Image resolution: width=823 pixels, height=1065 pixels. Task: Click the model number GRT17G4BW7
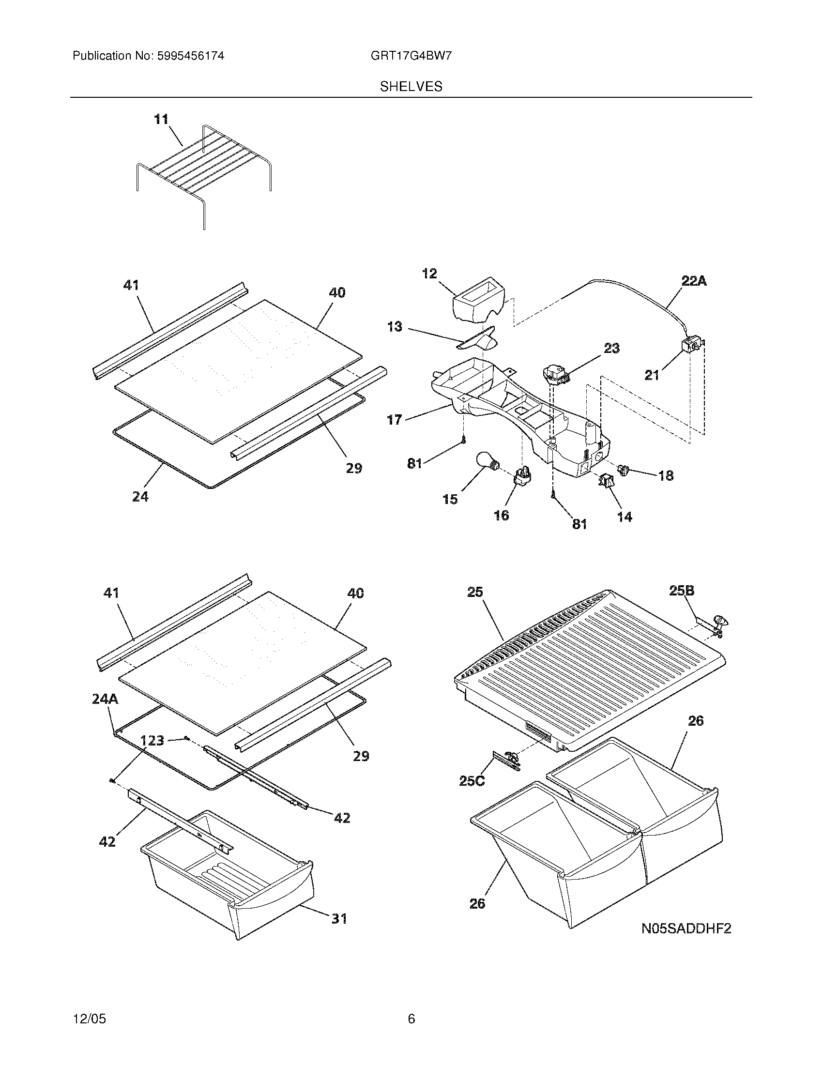[411, 56]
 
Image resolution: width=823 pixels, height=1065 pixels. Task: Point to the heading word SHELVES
[411, 87]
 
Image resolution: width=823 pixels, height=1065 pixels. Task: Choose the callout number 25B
[681, 591]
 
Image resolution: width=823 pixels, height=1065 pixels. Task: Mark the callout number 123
[152, 741]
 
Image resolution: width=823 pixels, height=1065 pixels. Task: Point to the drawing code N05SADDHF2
[686, 928]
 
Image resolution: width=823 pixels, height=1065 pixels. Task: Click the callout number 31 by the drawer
[339, 918]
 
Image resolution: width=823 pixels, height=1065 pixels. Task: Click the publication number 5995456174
[190, 56]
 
